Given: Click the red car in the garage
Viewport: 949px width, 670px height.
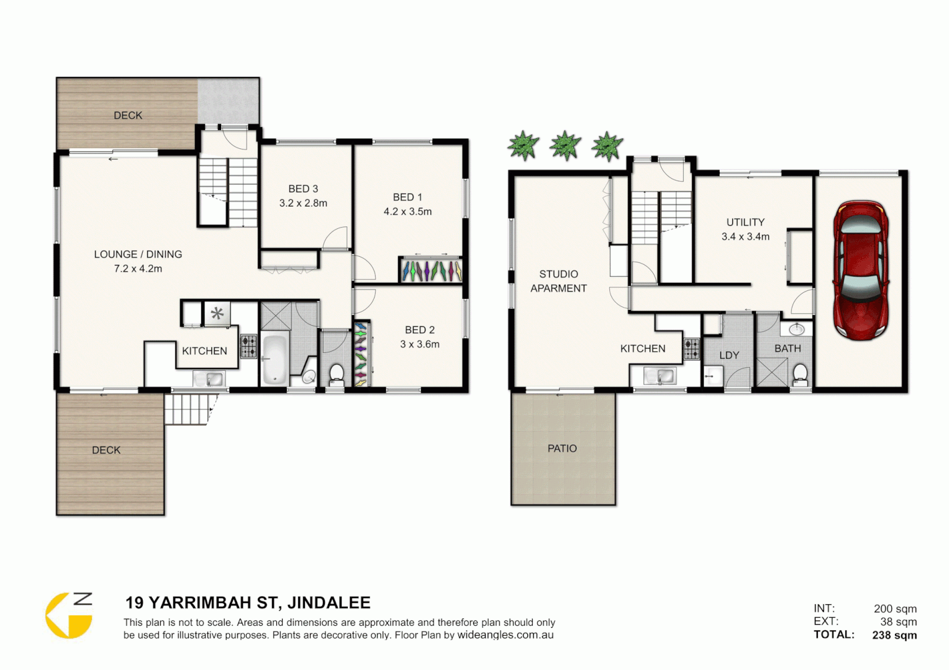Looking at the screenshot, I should pyautogui.click(x=861, y=270).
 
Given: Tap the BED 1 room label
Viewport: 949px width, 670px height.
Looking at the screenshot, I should pyautogui.click(x=407, y=197).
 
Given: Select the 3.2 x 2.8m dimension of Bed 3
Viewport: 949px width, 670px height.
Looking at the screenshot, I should pyautogui.click(x=303, y=203).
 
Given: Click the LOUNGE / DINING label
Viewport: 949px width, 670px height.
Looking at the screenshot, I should pyautogui.click(x=138, y=254).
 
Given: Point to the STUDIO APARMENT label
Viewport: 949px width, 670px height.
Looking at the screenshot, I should pyautogui.click(x=558, y=281).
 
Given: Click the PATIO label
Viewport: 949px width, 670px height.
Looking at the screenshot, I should pyautogui.click(x=562, y=449).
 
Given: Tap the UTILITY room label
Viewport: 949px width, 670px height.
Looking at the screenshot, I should pyautogui.click(x=745, y=222).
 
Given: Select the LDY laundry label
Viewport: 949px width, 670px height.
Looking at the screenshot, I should pyautogui.click(x=729, y=355).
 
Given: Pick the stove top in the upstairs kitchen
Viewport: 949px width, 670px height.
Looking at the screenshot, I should pyautogui.click(x=249, y=347).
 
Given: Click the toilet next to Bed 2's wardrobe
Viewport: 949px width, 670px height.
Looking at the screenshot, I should pyautogui.click(x=336, y=374).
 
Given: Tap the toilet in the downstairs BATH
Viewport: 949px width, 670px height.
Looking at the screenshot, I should pyautogui.click(x=801, y=374).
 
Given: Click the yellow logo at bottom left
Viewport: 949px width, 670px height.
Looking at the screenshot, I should pyautogui.click(x=69, y=615).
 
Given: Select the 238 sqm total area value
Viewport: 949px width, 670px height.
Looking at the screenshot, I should pyautogui.click(x=894, y=635).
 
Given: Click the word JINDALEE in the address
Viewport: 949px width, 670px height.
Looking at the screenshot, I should pyautogui.click(x=329, y=602).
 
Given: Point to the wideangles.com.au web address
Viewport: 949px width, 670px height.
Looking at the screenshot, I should pyautogui.click(x=505, y=635).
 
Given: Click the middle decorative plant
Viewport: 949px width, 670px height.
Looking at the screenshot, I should pyautogui.click(x=565, y=146).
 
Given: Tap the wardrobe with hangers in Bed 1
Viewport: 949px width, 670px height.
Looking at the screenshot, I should pyautogui.click(x=431, y=270).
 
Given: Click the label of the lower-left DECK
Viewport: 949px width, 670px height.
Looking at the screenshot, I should pyautogui.click(x=106, y=450).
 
